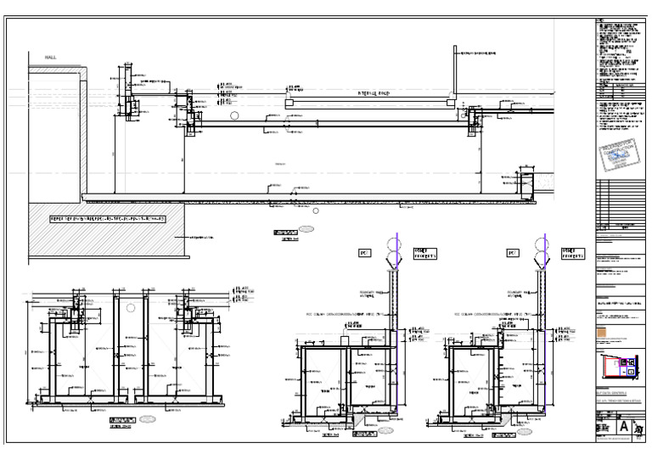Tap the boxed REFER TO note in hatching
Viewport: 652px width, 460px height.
point(107,219)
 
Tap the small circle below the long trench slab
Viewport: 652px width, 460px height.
point(316,210)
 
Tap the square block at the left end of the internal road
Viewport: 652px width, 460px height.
point(289,102)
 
